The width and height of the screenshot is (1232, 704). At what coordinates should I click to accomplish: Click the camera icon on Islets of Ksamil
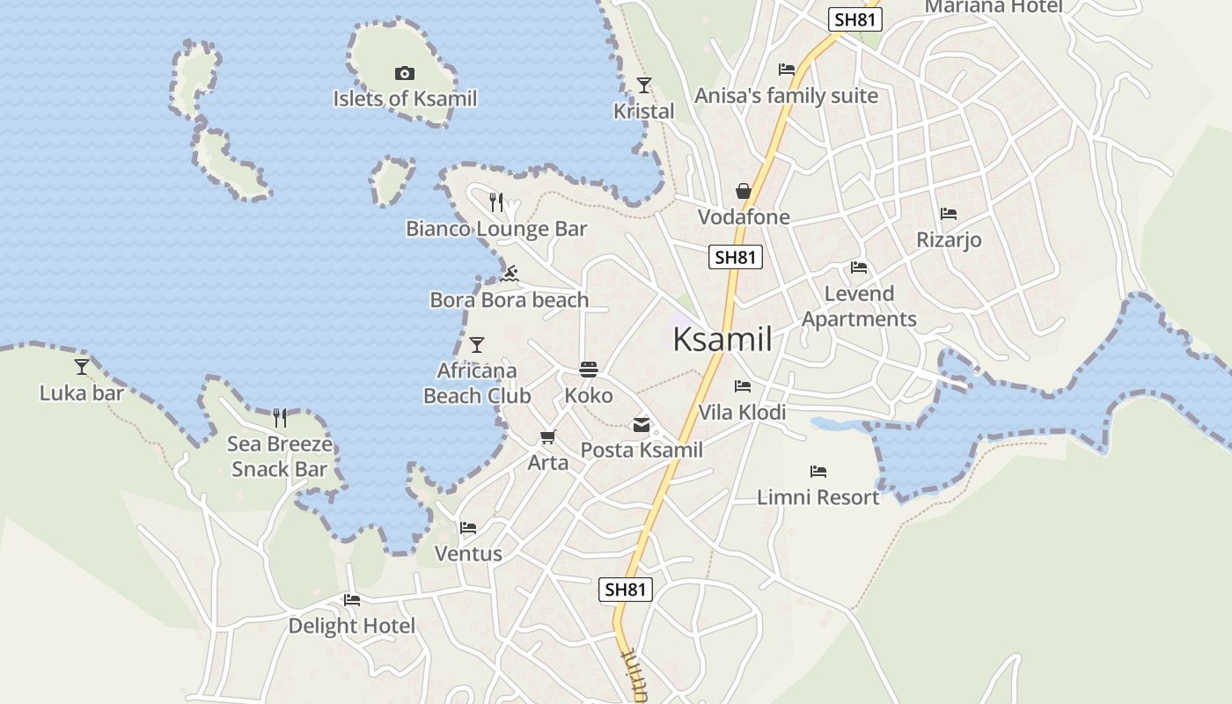click(405, 74)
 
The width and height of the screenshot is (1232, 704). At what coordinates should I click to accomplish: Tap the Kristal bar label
click(644, 112)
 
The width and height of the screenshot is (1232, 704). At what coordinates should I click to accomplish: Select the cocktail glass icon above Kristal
click(644, 85)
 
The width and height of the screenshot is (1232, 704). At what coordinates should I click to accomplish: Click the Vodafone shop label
click(744, 217)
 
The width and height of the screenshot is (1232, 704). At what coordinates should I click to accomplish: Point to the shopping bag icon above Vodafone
click(744, 191)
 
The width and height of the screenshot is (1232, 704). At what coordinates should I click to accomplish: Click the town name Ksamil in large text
click(722, 340)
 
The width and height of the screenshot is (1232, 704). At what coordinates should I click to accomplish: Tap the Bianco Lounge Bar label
click(496, 230)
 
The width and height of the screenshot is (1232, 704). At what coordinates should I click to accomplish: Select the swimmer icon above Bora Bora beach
click(510, 274)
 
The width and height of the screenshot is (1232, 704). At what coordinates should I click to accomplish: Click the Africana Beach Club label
click(477, 384)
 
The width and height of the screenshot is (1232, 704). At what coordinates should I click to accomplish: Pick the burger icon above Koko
click(589, 369)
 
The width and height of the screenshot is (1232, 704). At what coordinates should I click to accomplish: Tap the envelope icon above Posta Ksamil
click(642, 426)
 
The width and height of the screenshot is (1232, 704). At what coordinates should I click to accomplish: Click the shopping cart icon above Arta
click(548, 436)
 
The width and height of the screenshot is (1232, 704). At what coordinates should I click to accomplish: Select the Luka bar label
click(82, 393)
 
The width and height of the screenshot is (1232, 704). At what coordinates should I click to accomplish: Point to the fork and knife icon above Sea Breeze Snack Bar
click(280, 417)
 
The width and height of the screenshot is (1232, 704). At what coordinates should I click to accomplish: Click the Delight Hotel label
click(352, 627)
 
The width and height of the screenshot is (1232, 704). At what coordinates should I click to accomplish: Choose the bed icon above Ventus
click(468, 528)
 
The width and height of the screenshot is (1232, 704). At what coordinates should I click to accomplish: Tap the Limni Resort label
click(818, 498)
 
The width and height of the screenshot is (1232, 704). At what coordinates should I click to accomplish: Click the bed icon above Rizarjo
click(949, 214)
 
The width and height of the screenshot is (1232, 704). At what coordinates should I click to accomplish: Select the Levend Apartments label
click(859, 306)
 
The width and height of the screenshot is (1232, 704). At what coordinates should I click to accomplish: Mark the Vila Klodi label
click(742, 413)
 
